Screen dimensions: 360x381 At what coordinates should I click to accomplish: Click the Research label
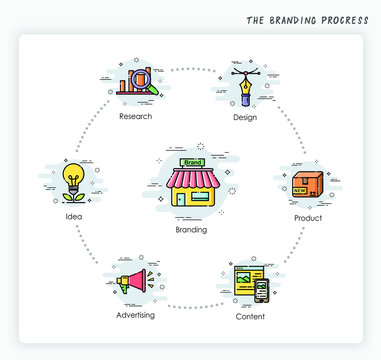pyautogui.click(x=135, y=116)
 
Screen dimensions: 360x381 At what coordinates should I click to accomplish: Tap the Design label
pyautogui.click(x=244, y=117)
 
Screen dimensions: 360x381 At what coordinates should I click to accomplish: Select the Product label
pyautogui.click(x=308, y=217)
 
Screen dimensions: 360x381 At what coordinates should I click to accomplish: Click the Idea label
pyautogui.click(x=73, y=216)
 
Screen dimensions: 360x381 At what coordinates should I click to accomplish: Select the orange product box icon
pyautogui.click(x=306, y=183)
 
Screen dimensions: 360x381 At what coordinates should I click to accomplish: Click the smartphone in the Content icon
pyautogui.click(x=261, y=292)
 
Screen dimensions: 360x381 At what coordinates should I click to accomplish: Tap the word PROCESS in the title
pyautogui.click(x=344, y=20)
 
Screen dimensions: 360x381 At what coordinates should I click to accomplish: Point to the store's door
pyautogui.click(x=180, y=199)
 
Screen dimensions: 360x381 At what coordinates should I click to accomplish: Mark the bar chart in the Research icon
pyautogui.click(x=128, y=84)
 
